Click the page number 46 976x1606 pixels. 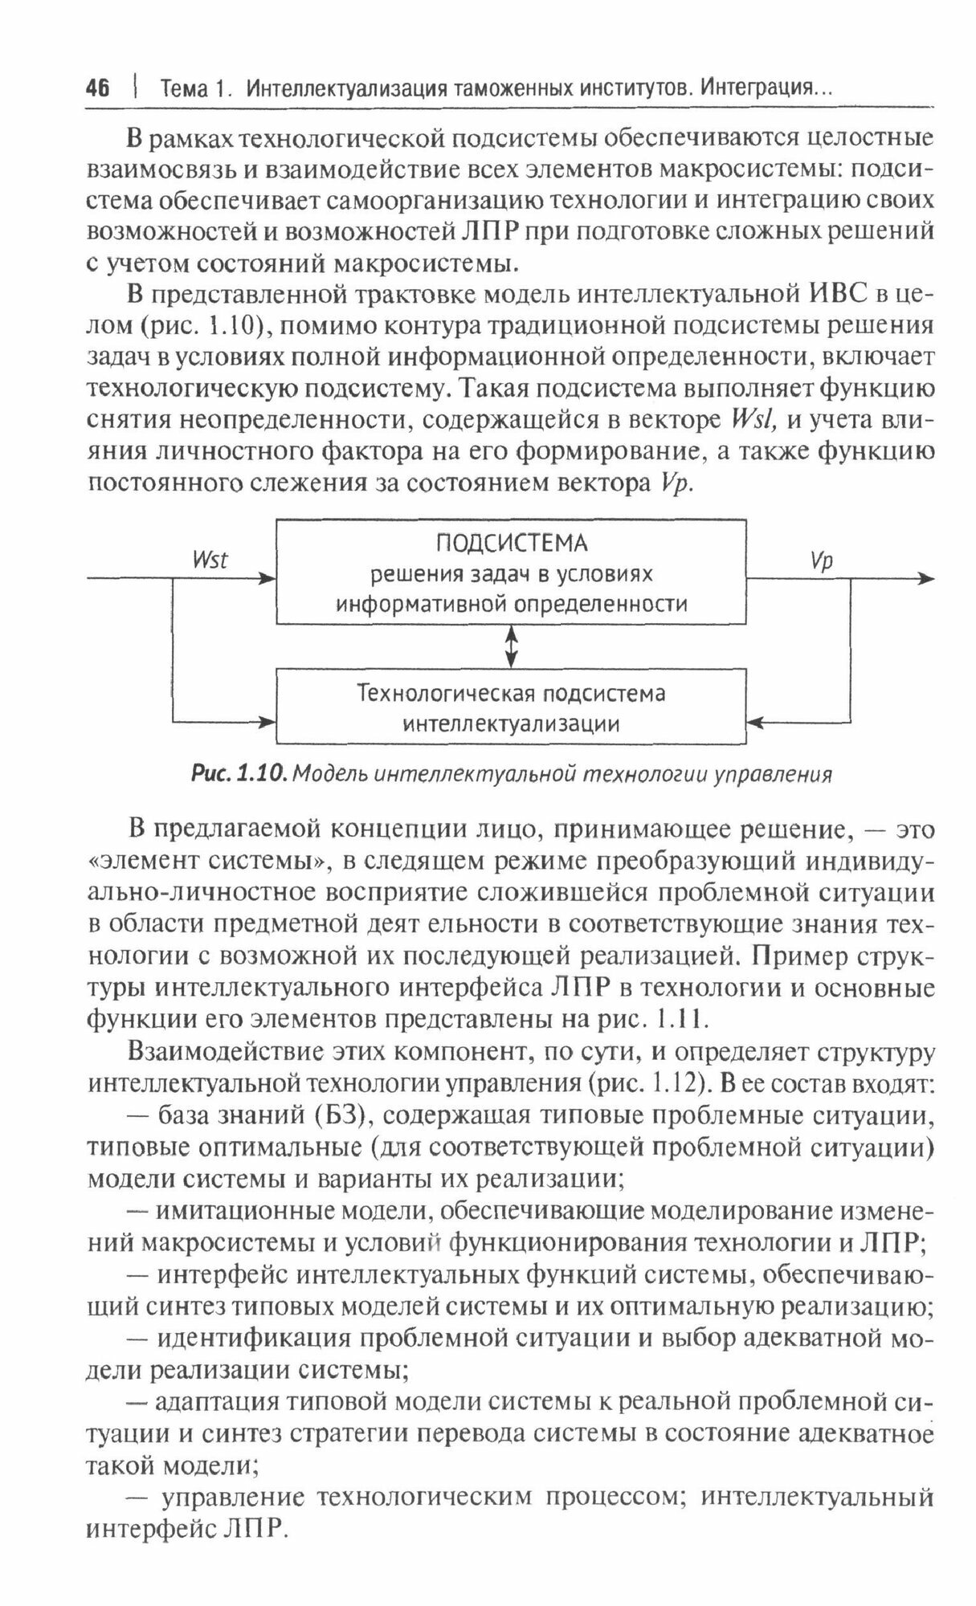(97, 88)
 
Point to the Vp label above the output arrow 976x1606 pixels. (822, 560)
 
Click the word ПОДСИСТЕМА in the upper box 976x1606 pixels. (512, 544)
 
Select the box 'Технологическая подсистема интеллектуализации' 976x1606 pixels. (512, 707)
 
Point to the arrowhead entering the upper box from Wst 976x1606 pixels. (268, 578)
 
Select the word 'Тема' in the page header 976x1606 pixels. (185, 88)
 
